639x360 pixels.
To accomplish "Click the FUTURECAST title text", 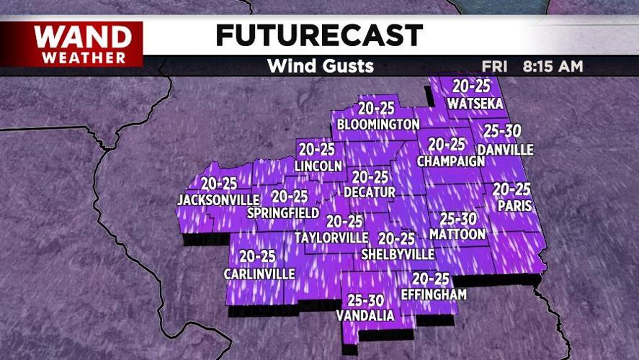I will click(x=319, y=35).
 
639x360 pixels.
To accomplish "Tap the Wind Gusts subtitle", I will click(x=320, y=66).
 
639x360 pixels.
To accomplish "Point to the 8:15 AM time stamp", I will click(x=553, y=66).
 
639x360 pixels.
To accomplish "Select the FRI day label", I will click(x=495, y=66).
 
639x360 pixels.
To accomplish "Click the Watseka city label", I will click(x=475, y=104).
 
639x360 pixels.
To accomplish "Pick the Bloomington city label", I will click(x=378, y=125).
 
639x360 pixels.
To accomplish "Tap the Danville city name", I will click(x=505, y=150).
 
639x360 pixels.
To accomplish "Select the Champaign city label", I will click(x=451, y=161).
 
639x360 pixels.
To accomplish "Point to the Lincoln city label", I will click(x=318, y=166).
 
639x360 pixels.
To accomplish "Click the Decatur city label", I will click(x=370, y=192).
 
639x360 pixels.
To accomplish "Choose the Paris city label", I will click(x=514, y=206).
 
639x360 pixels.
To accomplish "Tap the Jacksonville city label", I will click(x=218, y=199).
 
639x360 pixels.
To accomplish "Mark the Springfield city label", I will click(x=283, y=213).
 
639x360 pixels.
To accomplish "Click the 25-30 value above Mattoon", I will click(x=457, y=218).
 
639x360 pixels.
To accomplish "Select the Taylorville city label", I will click(x=331, y=237).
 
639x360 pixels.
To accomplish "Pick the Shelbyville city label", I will click(x=398, y=254).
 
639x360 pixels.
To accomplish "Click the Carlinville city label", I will click(x=259, y=274).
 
